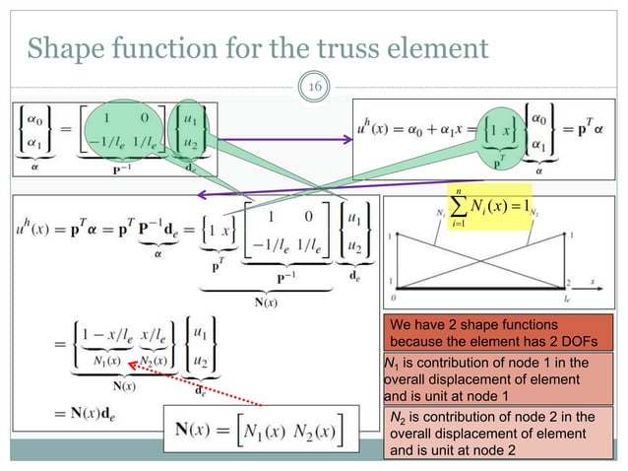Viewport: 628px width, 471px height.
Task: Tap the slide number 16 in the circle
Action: click(317, 88)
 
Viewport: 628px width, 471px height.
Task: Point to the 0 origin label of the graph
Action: click(395, 295)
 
